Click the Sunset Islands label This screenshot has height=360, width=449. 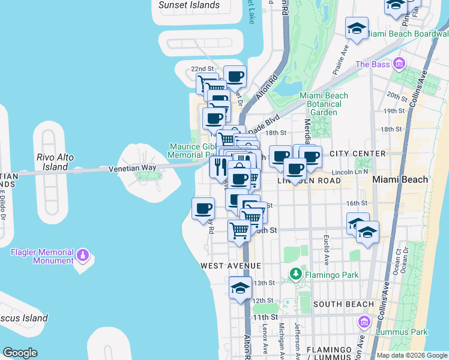tap(189, 5)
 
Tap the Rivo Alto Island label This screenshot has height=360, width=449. tap(55, 161)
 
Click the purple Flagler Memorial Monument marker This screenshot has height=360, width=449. tap(83, 256)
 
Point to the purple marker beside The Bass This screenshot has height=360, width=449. tap(398, 64)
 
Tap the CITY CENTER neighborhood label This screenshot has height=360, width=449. tap(358, 154)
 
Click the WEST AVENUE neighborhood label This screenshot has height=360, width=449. tap(231, 265)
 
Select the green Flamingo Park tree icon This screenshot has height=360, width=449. tap(296, 275)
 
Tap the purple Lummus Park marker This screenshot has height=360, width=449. tap(363, 323)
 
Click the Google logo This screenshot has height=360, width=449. tap(20, 353)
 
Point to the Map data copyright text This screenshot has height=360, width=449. tap(412, 355)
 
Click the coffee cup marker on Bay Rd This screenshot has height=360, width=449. tap(203, 209)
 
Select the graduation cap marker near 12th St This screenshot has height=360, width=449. tap(240, 288)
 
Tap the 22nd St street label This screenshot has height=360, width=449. tap(202, 69)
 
